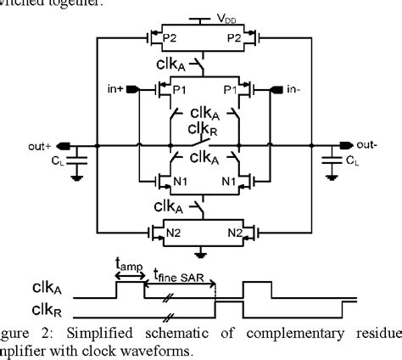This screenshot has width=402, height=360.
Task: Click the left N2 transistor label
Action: pos(176,231)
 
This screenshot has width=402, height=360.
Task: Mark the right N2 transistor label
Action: pos(231,231)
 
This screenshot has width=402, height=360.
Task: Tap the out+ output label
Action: pos(43,145)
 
